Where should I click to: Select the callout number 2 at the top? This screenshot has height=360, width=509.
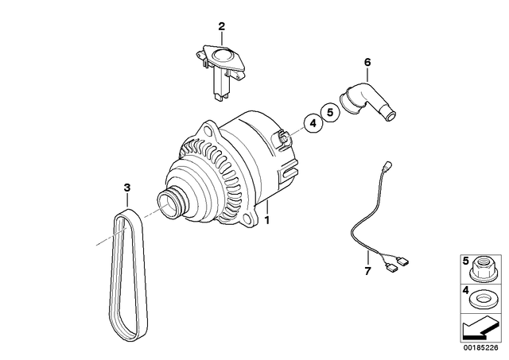(222, 26)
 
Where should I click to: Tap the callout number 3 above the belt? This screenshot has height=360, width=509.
(126, 188)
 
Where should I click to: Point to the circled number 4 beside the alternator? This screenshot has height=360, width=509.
(313, 123)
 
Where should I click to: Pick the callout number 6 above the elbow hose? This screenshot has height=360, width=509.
(367, 61)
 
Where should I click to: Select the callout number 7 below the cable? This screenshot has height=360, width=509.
(367, 272)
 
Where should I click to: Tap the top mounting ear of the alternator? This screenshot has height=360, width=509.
(208, 129)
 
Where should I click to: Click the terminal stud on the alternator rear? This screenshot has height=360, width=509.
(282, 140)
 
